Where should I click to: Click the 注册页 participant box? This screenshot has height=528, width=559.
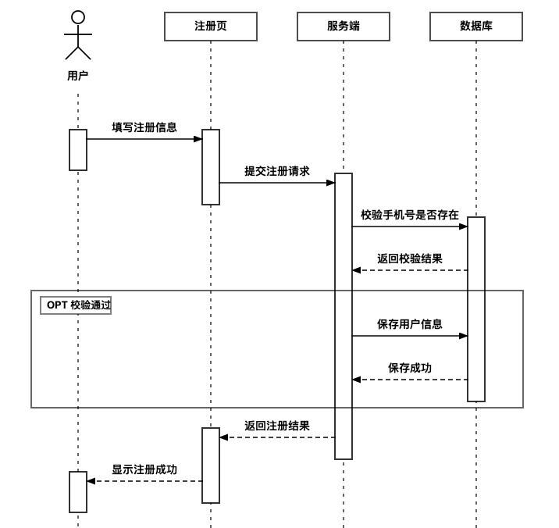[211, 27]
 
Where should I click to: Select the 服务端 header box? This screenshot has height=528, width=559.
[344, 27]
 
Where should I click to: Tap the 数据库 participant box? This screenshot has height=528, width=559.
[476, 27]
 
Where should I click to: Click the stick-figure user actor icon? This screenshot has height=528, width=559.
[78, 36]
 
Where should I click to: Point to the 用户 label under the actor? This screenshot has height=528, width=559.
[78, 76]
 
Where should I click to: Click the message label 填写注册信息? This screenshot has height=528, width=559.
[144, 127]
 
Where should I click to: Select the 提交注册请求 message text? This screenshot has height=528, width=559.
[277, 171]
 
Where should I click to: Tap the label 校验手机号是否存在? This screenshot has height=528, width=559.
[410, 215]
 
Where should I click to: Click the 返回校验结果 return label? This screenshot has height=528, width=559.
[410, 259]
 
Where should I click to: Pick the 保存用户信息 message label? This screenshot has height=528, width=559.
[410, 324]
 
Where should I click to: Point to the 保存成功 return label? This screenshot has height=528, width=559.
[410, 368]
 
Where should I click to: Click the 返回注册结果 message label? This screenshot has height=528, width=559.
[277, 426]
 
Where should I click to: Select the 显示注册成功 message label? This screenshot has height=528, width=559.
[144, 469]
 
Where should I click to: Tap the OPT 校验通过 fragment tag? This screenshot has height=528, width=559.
[76, 305]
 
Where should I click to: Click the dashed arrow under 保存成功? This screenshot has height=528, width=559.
[410, 380]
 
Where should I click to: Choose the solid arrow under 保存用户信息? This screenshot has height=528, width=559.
[410, 336]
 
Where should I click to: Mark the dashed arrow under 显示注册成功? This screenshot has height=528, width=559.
[144, 481]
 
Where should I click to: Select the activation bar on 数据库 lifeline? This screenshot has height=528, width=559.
[476, 309]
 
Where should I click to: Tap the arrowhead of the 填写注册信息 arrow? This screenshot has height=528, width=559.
[198, 139]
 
